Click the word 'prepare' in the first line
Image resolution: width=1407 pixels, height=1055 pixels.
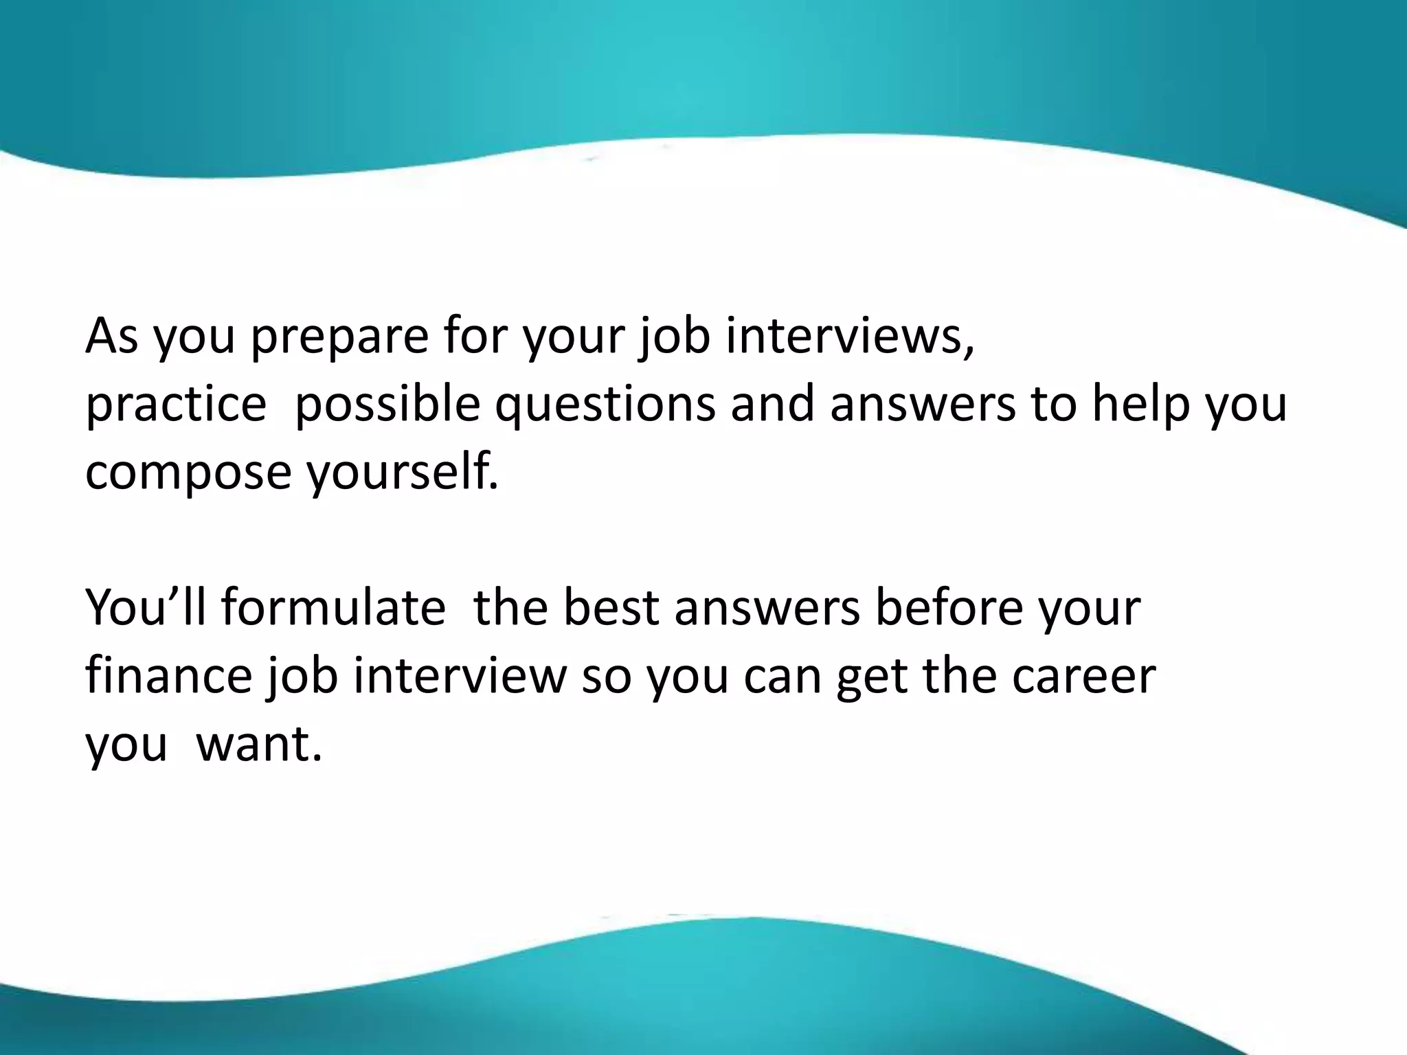coord(339,337)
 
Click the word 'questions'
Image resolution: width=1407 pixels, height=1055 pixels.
coord(605,405)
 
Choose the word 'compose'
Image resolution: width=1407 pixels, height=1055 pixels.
coord(188,474)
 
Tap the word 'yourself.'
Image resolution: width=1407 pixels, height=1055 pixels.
coord(403,473)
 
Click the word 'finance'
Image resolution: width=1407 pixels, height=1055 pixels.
coord(169,676)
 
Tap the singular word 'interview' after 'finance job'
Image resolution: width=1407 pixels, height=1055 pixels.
coord(460,676)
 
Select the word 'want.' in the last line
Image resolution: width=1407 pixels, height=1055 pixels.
coord(259,744)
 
